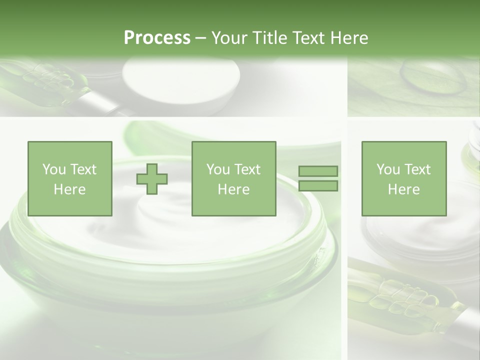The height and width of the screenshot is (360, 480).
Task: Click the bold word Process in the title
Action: tap(157, 38)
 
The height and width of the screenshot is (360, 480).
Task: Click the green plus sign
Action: tap(152, 179)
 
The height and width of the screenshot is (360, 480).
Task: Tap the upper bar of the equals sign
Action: tap(318, 171)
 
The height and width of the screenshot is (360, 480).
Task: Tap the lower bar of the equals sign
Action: tap(318, 186)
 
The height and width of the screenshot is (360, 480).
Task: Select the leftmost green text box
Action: tap(69, 178)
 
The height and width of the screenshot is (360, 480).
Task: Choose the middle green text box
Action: tap(233, 178)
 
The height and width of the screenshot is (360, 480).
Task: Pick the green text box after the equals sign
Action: tap(403, 178)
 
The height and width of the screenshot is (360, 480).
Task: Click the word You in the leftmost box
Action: tap(54, 169)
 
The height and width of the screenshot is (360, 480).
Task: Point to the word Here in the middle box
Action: tap(233, 189)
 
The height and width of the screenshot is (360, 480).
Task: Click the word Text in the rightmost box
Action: tap(417, 169)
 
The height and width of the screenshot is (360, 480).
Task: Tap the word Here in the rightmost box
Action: tap(403, 189)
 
